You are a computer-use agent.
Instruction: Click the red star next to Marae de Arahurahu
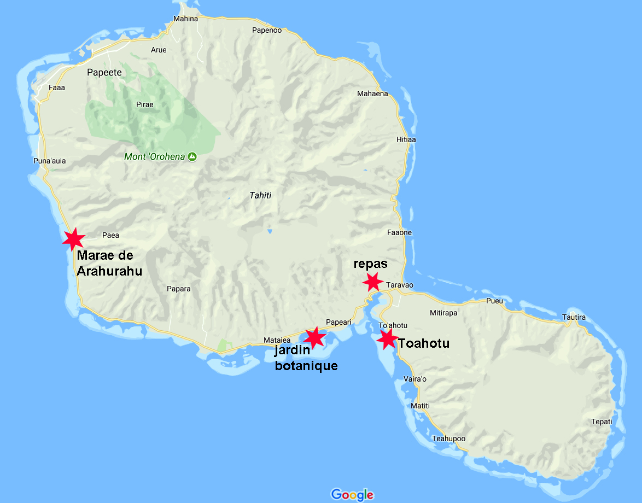pyautogui.click(x=73, y=239)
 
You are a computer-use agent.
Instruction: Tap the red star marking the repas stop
pyautogui.click(x=373, y=282)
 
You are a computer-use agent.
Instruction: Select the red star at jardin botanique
pyautogui.click(x=314, y=337)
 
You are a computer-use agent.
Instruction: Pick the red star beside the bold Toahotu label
pyautogui.click(x=388, y=339)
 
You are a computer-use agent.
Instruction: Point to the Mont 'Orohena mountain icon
pyautogui.click(x=192, y=157)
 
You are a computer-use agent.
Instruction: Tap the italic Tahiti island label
pyautogui.click(x=260, y=195)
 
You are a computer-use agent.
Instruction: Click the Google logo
pyautogui.click(x=352, y=494)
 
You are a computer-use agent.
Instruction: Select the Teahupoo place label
pyautogui.click(x=448, y=438)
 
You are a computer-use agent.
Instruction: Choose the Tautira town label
pyautogui.click(x=574, y=318)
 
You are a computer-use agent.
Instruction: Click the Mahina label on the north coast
pyautogui.click(x=185, y=19)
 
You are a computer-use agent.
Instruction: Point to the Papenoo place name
pyautogui.click(x=267, y=30)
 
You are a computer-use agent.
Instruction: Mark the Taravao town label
pyautogui.click(x=400, y=285)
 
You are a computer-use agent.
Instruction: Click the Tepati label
pyautogui.click(x=602, y=422)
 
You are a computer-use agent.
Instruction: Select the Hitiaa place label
pyautogui.click(x=406, y=139)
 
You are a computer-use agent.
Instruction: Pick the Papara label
pyautogui.click(x=178, y=289)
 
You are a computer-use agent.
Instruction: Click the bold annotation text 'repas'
pyautogui.click(x=370, y=264)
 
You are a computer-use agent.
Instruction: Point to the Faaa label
pyautogui.click(x=57, y=87)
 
